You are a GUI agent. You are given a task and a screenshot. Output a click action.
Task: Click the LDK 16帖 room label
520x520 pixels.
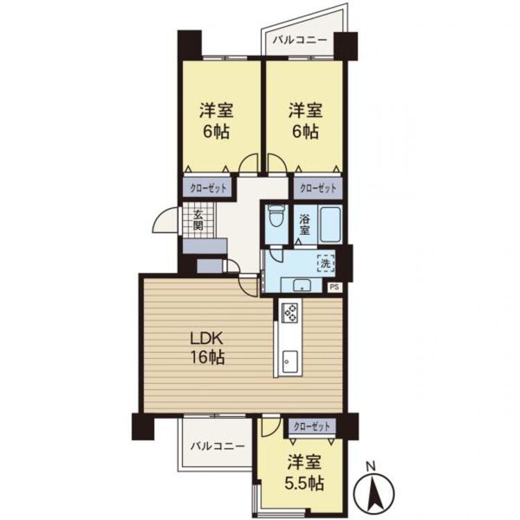[x=207, y=349]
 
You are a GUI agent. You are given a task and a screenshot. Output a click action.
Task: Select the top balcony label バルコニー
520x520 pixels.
[x=299, y=40]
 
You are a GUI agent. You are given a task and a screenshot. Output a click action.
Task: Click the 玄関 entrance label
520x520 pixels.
[x=198, y=220]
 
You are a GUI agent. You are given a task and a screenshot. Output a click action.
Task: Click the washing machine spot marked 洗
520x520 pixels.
[x=325, y=263]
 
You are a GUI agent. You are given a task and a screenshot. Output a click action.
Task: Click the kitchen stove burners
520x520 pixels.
[x=289, y=313]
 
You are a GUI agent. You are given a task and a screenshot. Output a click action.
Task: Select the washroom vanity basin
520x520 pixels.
[x=302, y=284]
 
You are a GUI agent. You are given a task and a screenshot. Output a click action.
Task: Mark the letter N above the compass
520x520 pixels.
[x=370, y=465]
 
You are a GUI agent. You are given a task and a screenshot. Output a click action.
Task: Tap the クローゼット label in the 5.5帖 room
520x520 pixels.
[x=311, y=426]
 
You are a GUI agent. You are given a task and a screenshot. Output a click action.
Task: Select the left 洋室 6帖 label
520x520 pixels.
[x=216, y=121]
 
